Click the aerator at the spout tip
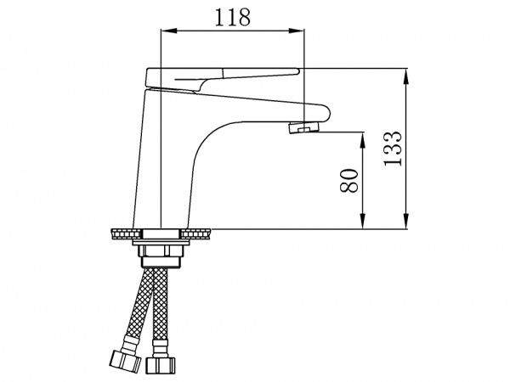(x=305, y=128)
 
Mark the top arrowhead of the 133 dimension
(x=406, y=73)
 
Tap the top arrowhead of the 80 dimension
(x=363, y=138)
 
